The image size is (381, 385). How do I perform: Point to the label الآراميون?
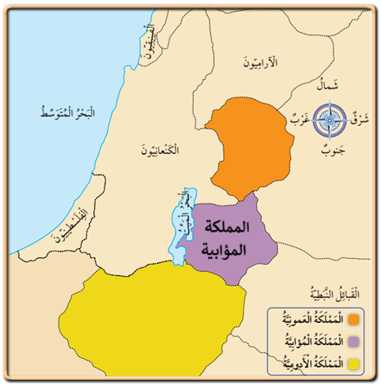click(262, 61)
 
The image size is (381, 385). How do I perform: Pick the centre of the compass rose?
click(329, 120)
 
